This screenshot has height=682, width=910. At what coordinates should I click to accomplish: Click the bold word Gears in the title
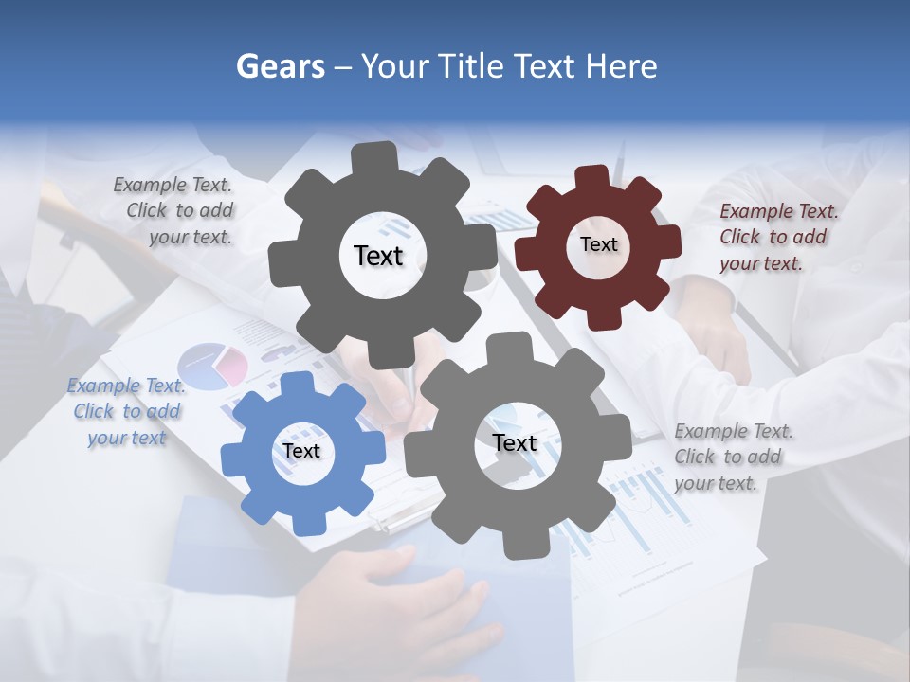[x=279, y=66]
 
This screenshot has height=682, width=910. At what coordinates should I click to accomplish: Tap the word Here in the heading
[x=621, y=66]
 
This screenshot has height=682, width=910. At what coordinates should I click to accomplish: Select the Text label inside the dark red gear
[x=598, y=244]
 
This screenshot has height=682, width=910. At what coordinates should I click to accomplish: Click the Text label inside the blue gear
[x=301, y=451]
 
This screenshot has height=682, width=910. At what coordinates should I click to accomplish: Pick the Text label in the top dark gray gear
[x=378, y=256]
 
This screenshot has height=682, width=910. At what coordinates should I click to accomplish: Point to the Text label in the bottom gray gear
[x=515, y=443]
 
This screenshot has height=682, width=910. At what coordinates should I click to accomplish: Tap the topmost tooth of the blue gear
[x=297, y=382]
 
